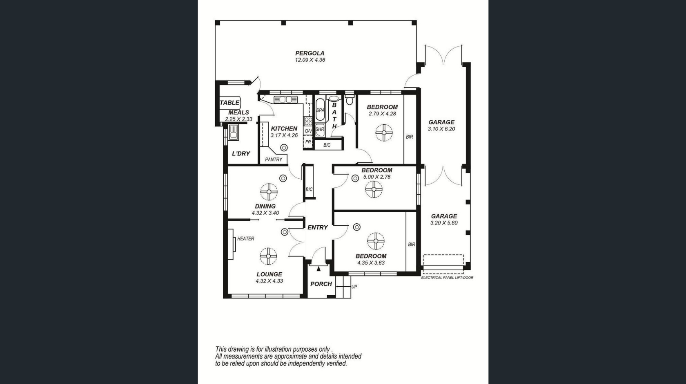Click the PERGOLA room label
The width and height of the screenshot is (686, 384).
tap(310, 53)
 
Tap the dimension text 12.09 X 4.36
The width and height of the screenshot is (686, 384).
tap(310, 60)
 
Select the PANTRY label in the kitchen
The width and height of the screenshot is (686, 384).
tap(274, 159)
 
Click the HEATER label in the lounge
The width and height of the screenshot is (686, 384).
tap(246, 239)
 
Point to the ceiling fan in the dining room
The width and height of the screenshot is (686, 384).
tap(269, 192)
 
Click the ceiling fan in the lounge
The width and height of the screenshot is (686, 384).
tap(268, 256)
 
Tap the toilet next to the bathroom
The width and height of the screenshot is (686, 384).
tap(350, 99)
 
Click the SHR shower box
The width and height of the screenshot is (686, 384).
tap(320, 130)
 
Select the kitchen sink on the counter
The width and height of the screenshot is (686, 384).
tap(286, 99)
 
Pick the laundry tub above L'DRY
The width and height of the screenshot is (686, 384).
tap(234, 132)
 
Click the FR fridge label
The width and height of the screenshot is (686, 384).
tap(308, 142)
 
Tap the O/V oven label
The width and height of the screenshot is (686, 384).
tap(308, 131)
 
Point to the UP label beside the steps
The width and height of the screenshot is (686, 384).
tap(354, 287)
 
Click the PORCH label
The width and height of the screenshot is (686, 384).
tap(321, 284)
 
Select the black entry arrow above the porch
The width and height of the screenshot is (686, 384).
tap(318, 269)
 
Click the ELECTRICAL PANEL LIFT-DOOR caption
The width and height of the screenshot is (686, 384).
tap(447, 278)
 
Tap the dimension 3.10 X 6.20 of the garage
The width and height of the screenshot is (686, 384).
tap(441, 129)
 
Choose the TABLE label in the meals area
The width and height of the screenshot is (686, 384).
tap(229, 103)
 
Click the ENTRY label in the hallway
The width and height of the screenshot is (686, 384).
tap(318, 227)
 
